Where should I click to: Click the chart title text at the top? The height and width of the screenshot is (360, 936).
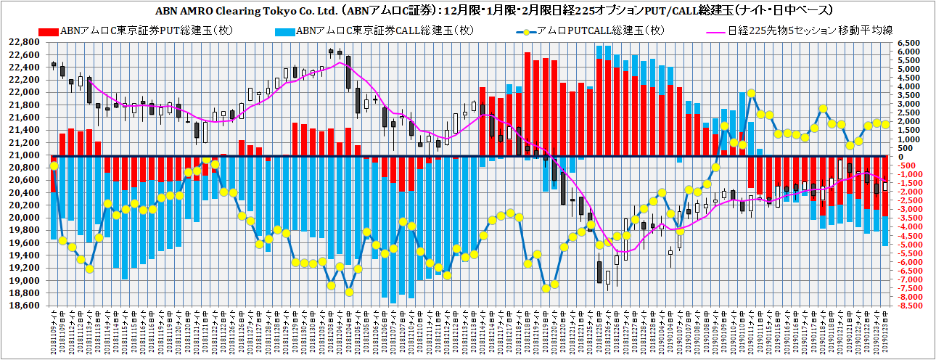click(468, 11)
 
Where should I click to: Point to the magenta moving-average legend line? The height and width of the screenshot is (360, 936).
click(721, 30)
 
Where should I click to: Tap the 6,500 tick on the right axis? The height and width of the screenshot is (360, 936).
click(908, 43)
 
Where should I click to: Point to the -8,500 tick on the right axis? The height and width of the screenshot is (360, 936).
click(908, 306)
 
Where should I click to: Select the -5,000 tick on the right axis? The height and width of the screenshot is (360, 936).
click(908, 245)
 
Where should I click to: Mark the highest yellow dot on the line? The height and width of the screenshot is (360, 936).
click(752, 94)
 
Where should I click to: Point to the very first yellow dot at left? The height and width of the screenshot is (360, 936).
click(54, 166)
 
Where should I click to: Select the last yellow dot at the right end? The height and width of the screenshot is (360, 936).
click(885, 124)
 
